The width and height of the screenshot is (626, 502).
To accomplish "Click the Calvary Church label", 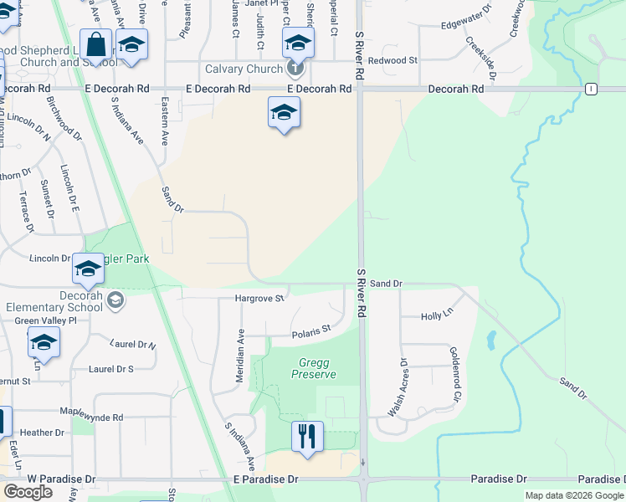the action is [x=243, y=69].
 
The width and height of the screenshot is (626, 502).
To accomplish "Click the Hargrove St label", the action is [x=260, y=298].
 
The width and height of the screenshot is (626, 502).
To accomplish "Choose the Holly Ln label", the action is [x=436, y=316].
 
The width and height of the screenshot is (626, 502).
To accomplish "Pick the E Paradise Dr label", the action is [x=264, y=479].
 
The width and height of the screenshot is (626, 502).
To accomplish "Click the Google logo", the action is [x=28, y=492].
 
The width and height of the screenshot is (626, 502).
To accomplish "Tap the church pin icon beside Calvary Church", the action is [x=294, y=68].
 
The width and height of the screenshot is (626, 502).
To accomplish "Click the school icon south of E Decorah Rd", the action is [x=284, y=113].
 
